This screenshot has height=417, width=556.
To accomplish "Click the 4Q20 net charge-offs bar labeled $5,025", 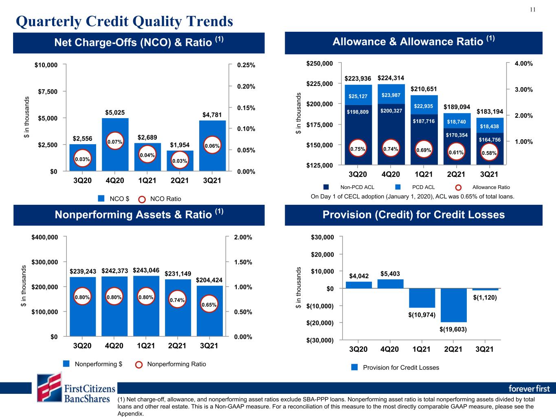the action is (x=115, y=145).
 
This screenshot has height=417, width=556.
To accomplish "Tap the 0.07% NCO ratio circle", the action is (x=115, y=141).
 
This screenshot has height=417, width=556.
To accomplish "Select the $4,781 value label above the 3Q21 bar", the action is (x=212, y=115).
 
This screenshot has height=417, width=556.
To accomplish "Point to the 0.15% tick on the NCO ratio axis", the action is (x=246, y=108).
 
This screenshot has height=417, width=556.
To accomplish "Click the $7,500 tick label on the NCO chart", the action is (x=48, y=91).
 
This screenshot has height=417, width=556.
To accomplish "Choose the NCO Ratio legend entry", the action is (x=160, y=199).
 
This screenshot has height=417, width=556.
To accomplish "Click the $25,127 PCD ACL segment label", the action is (x=358, y=96).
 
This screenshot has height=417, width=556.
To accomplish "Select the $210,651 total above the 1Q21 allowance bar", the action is (x=424, y=89).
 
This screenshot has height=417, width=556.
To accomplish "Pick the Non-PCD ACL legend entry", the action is (x=349, y=187).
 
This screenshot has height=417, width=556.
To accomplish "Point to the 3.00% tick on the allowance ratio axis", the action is (x=523, y=90).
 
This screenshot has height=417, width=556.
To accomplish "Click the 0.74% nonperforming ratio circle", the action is (x=177, y=299).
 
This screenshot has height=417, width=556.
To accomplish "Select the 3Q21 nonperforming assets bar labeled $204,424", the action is (x=209, y=311).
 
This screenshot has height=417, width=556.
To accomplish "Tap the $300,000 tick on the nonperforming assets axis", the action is (x=44, y=262).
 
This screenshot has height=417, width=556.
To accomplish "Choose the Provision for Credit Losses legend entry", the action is (x=395, y=367).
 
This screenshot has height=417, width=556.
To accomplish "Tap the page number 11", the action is (x=533, y=10).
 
